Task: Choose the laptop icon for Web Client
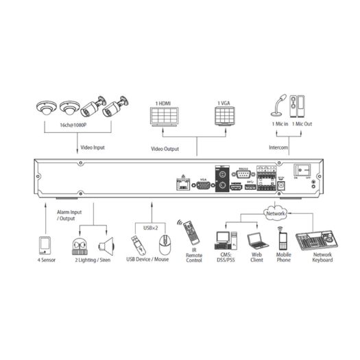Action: coord(255,241)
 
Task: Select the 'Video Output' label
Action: coord(165,148)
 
